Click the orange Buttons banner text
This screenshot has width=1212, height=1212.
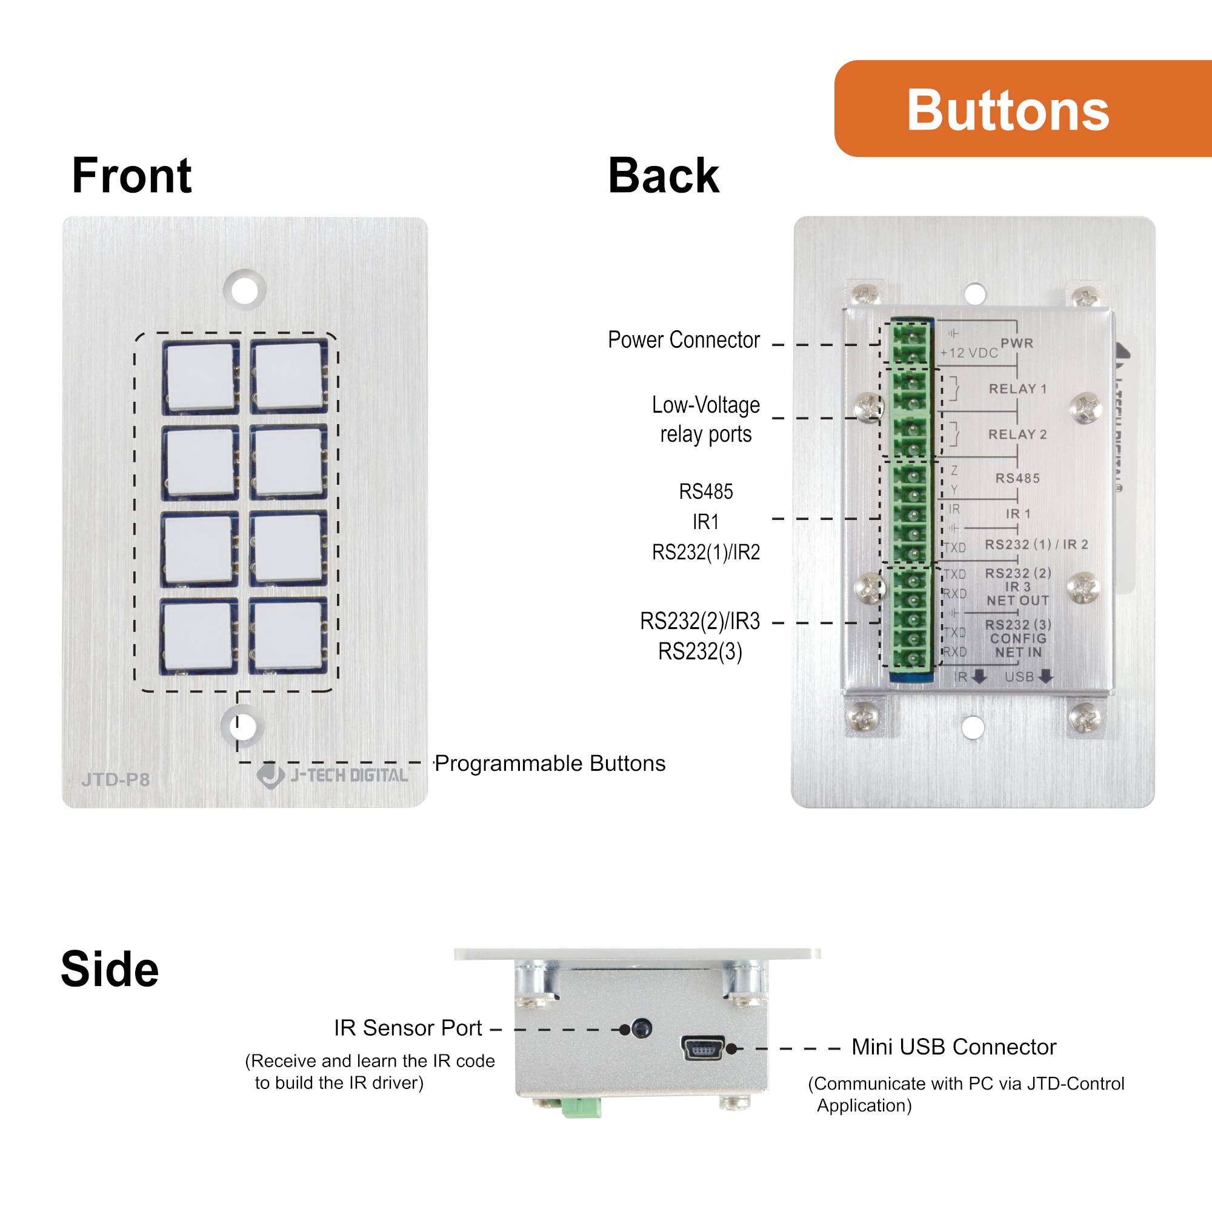point(1008,110)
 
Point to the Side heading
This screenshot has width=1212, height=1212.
point(109,969)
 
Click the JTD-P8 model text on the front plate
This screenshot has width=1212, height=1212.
point(115,780)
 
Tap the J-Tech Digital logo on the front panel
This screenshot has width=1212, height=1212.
point(333,776)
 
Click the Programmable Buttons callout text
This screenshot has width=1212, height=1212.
point(550,764)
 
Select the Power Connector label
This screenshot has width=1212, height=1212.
point(683,339)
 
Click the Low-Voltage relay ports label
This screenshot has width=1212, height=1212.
point(705,419)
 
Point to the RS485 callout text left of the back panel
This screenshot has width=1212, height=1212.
point(705,491)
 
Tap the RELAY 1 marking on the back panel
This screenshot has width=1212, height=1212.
point(1017,389)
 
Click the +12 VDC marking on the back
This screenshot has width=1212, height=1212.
point(968,353)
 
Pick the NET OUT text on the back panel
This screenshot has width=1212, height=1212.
point(1017,601)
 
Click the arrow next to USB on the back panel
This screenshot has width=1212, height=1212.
point(1045,677)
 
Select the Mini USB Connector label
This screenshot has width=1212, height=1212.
point(953,1047)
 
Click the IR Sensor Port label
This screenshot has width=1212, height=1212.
point(407,1028)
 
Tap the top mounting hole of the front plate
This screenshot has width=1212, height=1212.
point(245,290)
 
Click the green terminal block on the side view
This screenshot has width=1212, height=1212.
point(581,1107)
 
